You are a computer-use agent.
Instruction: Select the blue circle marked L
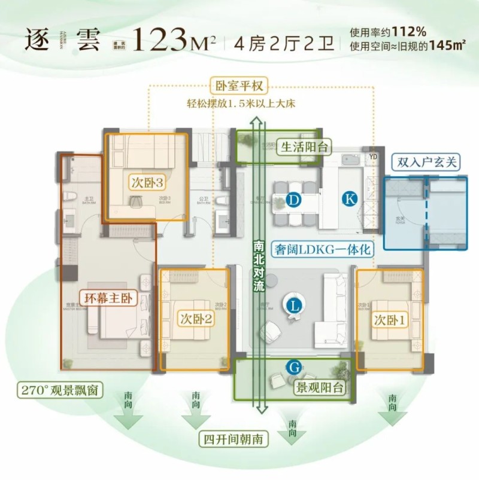pos(293,306)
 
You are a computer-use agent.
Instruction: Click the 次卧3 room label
pos(146,182)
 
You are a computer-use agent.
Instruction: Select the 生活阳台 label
pos(305,147)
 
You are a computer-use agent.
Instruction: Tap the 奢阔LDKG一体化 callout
pos(323,249)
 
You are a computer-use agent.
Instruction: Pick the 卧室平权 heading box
pos(239,86)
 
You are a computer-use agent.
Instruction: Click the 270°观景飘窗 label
pos(58,391)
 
